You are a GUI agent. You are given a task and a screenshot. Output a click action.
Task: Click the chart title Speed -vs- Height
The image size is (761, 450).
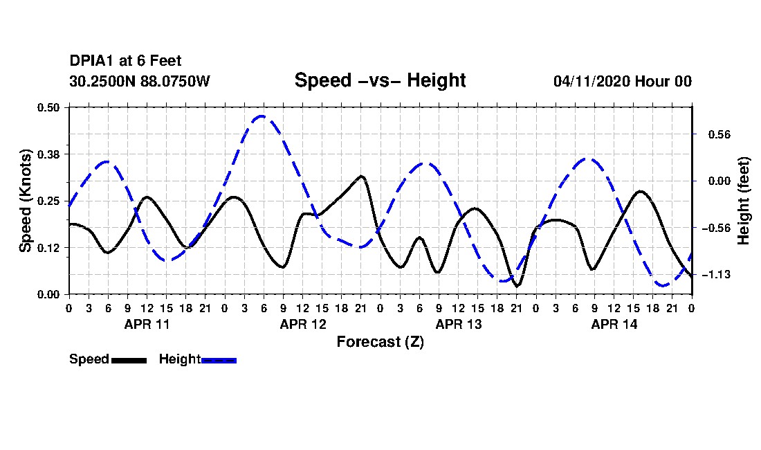380,80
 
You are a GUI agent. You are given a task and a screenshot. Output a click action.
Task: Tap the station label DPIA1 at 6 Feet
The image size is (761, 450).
125,61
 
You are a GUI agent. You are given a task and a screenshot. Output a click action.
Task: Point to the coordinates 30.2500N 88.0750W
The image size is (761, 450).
139,81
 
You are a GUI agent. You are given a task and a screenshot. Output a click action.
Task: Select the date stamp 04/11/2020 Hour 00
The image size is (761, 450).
623,81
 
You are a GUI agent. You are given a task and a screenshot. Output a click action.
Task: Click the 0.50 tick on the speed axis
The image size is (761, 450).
48,107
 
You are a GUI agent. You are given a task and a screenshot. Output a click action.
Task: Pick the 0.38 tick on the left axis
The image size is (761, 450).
48,154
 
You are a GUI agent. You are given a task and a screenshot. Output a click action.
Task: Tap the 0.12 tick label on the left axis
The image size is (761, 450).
48,248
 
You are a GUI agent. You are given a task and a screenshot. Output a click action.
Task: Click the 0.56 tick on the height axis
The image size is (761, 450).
719,135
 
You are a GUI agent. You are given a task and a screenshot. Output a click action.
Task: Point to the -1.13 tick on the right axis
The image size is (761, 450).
716,275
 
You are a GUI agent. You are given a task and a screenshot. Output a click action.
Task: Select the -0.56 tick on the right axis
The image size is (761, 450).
716,228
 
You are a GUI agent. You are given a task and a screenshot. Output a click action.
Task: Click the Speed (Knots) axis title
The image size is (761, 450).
25,201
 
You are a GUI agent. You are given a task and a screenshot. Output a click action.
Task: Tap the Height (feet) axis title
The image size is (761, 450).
744,201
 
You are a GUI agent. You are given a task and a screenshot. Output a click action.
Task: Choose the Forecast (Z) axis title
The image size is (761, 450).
380,342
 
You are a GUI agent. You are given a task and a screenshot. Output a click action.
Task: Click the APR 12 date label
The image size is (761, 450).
303,324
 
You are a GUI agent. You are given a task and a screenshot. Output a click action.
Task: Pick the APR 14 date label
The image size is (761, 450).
614,324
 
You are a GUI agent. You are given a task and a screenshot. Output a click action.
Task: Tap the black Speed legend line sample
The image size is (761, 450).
129,360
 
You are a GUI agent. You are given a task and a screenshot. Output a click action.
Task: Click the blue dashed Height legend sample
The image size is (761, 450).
219,360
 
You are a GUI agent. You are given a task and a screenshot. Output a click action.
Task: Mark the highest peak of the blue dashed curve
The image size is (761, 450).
262,116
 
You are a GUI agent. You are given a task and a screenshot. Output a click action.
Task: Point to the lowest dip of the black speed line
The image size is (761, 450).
517,286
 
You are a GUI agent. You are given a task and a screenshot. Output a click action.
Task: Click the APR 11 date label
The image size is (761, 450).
147,324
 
